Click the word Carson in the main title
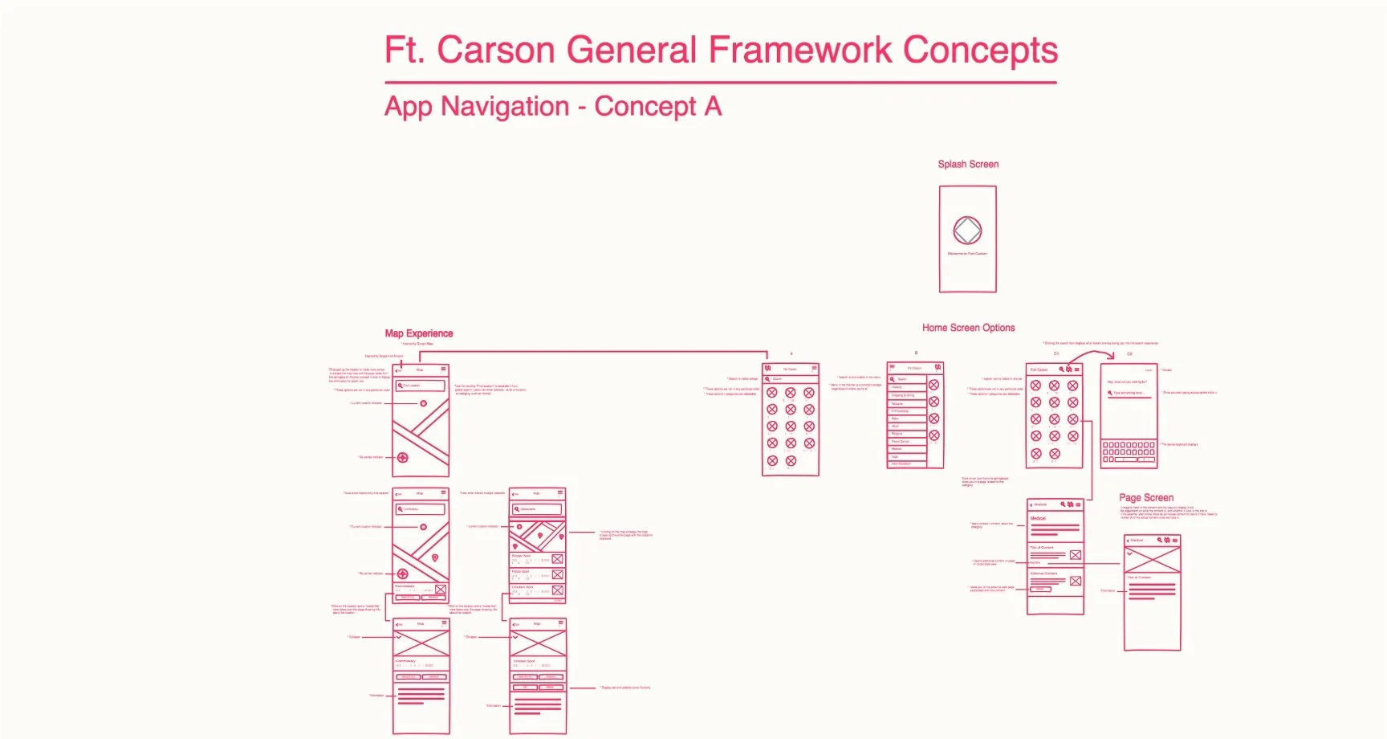point(495,50)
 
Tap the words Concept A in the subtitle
point(657,107)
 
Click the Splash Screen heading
point(968,164)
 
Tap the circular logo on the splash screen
point(967,231)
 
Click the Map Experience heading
point(418,333)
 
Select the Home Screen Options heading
point(968,328)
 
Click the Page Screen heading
point(1146,498)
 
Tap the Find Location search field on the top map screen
point(421,386)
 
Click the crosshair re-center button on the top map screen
point(403,458)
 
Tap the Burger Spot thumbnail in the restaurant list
point(557,559)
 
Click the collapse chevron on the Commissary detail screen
point(398,637)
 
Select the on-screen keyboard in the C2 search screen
point(1129,452)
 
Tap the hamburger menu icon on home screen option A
point(814,368)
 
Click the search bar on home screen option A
point(790,378)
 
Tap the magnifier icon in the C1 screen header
point(1061,369)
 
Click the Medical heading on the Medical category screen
point(1038,518)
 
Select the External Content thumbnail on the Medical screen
point(1075,581)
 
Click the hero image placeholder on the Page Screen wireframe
point(1152,559)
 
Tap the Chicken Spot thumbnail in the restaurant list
point(557,590)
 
